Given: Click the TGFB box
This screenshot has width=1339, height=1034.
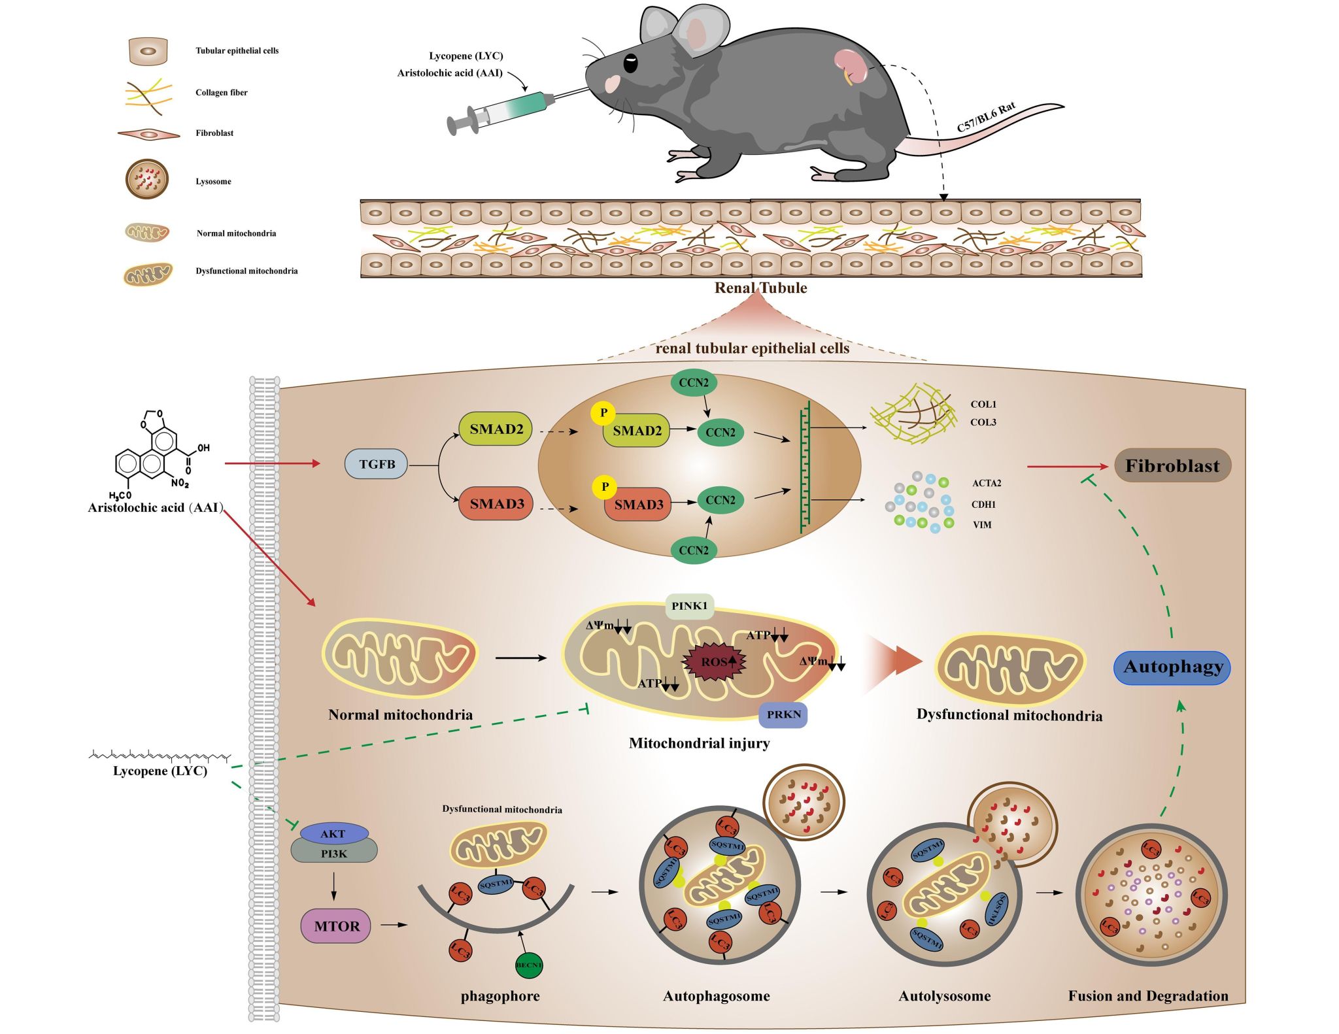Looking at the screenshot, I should [377, 464].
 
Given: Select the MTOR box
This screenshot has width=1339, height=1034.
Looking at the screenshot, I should [336, 926].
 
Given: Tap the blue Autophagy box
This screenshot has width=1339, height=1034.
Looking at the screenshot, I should [1172, 667].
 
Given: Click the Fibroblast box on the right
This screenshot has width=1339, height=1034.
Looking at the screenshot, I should [1172, 465].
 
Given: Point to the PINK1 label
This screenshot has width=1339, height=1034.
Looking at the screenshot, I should [689, 606].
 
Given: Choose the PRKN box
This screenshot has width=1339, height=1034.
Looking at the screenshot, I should [783, 714].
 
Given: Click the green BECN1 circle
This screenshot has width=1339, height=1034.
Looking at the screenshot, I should [529, 965].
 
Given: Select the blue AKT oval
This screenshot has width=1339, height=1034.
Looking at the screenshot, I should [333, 834].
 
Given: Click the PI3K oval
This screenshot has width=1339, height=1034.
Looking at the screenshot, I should [334, 854].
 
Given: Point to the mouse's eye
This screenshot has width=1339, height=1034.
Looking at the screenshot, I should [630, 63].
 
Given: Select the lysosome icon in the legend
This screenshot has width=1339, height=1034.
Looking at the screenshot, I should [147, 179].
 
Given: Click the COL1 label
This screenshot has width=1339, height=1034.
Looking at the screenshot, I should [983, 405].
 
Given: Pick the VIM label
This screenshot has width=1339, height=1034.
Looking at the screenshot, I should [981, 525].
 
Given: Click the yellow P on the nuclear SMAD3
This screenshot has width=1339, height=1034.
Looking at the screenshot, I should [605, 487].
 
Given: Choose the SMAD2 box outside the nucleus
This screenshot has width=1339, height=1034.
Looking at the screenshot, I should [496, 429].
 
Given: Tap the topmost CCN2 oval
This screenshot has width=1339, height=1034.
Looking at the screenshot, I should [693, 382].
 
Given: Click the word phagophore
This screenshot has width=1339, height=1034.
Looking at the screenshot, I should [500, 996].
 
